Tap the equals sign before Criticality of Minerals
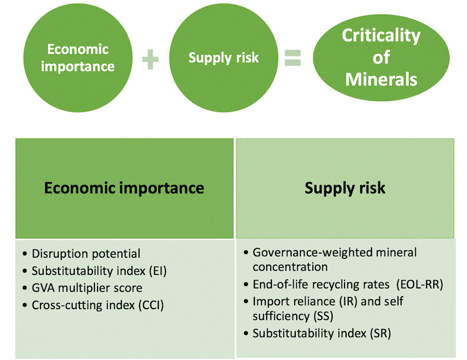tap(293, 58)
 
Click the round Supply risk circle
tap(223, 57)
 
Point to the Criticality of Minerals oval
tap(381, 57)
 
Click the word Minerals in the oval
tap(381, 79)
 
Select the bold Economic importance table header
tap(124, 188)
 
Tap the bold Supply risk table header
tap(345, 188)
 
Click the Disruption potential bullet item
tap(86, 254)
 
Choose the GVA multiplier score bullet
tap(87, 287)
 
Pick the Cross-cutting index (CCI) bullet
tap(98, 304)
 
